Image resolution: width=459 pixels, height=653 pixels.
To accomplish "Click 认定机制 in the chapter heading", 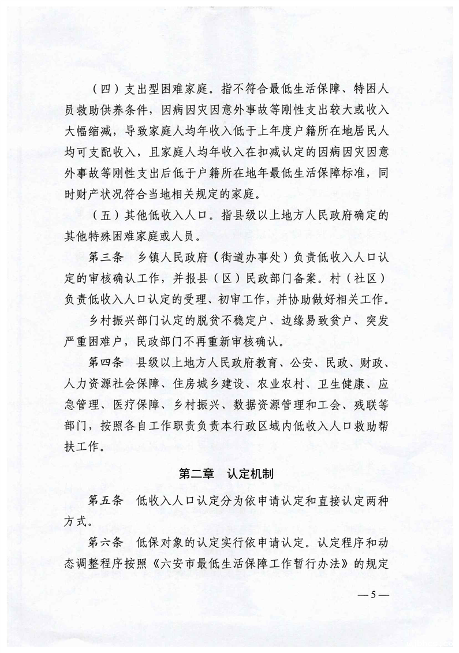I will [252, 473].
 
